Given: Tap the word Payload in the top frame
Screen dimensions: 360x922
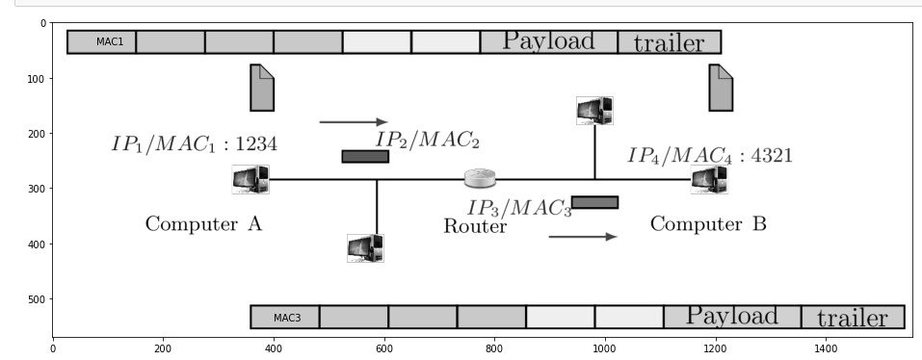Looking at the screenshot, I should pyautogui.click(x=548, y=41).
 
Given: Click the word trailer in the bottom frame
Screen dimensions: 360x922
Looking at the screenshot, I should pyautogui.click(x=852, y=318).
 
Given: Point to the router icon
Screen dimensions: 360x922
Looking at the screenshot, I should pyautogui.click(x=480, y=178).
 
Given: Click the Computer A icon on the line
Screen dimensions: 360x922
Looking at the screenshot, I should pyautogui.click(x=250, y=179).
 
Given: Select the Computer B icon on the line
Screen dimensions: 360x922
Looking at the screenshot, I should pyautogui.click(x=709, y=180).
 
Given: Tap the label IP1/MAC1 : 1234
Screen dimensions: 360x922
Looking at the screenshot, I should pyautogui.click(x=194, y=144).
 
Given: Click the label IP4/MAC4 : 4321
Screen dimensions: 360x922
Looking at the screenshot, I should pyautogui.click(x=710, y=155).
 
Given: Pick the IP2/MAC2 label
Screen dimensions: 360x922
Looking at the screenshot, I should pyautogui.click(x=427, y=140).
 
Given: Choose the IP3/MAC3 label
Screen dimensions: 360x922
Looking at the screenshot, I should pyautogui.click(x=519, y=208).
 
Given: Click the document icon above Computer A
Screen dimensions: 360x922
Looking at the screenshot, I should pyautogui.click(x=262, y=88).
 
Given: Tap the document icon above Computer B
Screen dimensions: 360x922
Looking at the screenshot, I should pyautogui.click(x=721, y=88).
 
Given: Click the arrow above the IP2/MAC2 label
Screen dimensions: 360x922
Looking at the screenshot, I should pyautogui.click(x=353, y=122).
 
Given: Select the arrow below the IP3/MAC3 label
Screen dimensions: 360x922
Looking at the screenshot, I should pyautogui.click(x=582, y=236).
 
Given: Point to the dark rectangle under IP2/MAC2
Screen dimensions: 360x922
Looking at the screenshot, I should pyautogui.click(x=365, y=156).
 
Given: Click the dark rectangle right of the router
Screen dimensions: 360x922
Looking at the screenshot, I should pyautogui.click(x=594, y=202).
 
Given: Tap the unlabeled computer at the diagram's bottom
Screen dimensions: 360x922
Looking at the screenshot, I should pyautogui.click(x=365, y=248).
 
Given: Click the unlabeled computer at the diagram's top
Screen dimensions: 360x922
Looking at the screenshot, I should pyautogui.click(x=594, y=111).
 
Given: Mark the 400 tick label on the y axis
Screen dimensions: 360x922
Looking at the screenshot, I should pyautogui.click(x=37, y=244).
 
